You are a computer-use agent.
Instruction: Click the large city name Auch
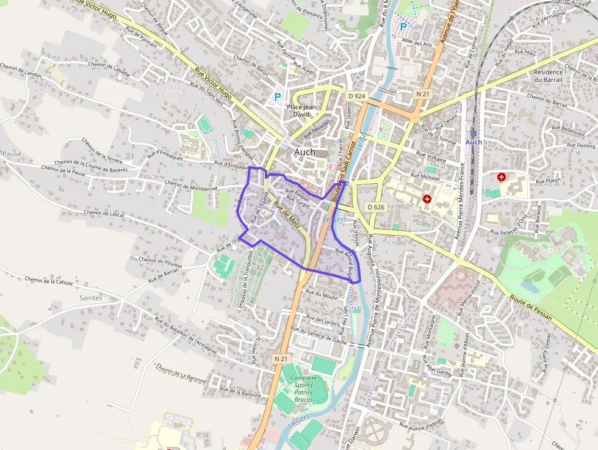304,152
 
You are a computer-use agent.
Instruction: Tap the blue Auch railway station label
474,142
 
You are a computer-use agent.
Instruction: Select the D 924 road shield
357,96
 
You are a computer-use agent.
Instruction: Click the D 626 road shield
376,207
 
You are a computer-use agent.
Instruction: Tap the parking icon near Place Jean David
278,96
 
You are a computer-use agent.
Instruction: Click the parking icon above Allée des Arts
402,27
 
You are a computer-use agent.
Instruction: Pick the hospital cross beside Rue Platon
502,177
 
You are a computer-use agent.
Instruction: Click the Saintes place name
90,298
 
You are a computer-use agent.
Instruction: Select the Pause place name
11,154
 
